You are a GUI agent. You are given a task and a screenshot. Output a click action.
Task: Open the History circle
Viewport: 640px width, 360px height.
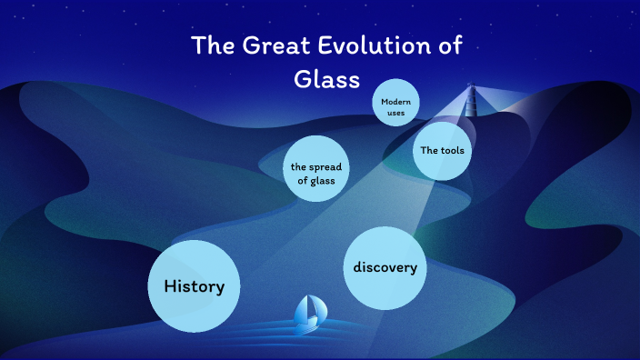[x=194, y=285]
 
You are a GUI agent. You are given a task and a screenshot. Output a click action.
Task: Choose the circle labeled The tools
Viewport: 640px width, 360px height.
[x=443, y=150]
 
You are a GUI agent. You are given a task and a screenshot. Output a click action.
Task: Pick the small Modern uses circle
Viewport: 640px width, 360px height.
[x=395, y=107]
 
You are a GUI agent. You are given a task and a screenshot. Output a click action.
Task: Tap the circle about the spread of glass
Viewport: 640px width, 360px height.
[x=317, y=174]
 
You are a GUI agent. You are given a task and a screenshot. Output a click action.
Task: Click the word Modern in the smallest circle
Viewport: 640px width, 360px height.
[x=395, y=102]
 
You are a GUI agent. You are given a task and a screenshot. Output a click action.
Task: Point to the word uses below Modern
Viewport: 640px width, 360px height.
[x=395, y=114]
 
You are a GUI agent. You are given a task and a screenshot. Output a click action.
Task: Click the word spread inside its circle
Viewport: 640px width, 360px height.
[x=325, y=167]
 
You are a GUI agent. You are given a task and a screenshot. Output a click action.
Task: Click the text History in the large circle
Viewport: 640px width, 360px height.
[x=194, y=286]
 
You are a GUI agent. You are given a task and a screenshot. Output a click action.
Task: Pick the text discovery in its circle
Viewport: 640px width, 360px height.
[x=385, y=267]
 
